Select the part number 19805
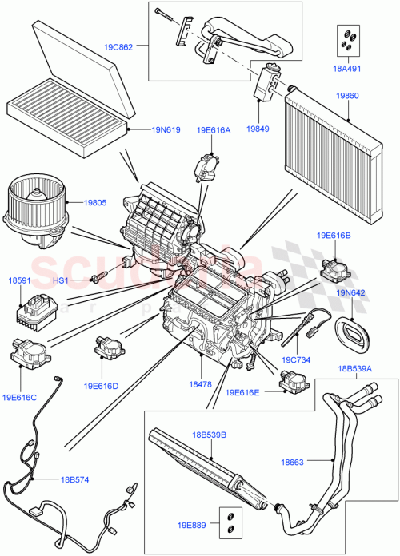click(x=95, y=203)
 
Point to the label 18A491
click(x=348, y=69)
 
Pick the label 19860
click(x=346, y=95)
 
